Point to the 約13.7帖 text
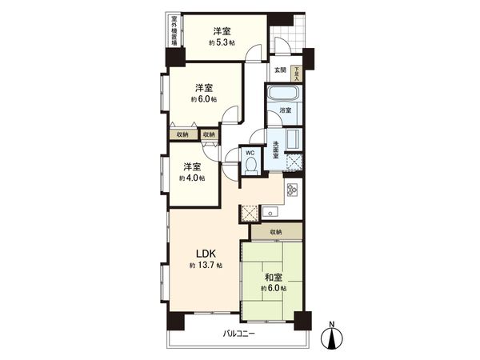click(206, 265)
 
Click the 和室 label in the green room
click(272, 279)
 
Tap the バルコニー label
click(239, 334)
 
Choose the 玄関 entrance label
click(280, 70)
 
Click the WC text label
click(250, 152)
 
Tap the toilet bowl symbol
click(250, 165)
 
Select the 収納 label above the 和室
click(275, 232)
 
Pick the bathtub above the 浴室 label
click(284, 94)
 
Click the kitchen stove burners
click(292, 190)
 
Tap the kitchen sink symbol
click(270, 213)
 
